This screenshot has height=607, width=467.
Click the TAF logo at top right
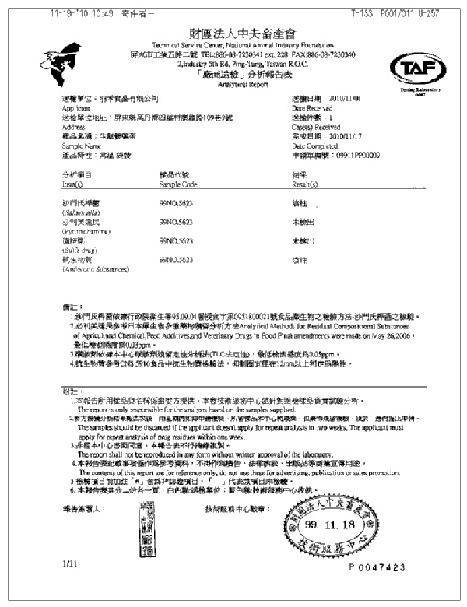pos(419,70)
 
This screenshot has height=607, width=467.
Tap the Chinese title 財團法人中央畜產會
pos(233,33)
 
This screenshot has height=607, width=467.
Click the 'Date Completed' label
pos(314,146)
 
